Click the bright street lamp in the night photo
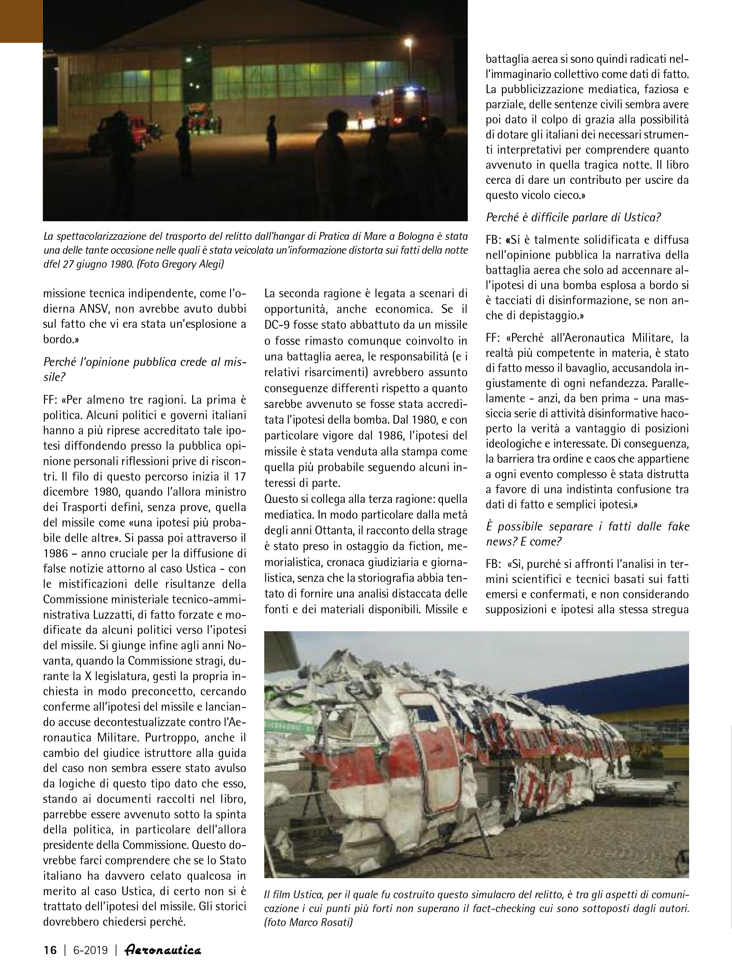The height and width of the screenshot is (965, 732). click(408, 42)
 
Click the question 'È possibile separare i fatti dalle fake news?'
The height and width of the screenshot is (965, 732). click(587, 533)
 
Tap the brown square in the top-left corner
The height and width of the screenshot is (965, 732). click(21, 21)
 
